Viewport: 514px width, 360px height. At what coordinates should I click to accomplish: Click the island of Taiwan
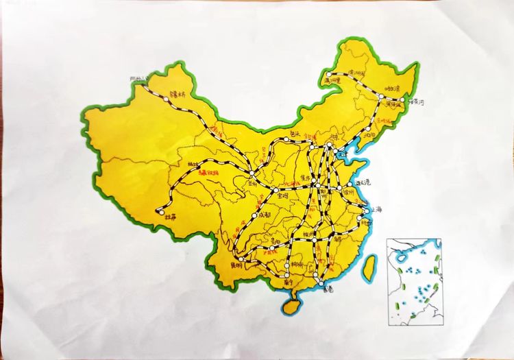click(x=370, y=267)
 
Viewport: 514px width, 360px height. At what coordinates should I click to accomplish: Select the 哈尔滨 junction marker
click(x=381, y=98)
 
